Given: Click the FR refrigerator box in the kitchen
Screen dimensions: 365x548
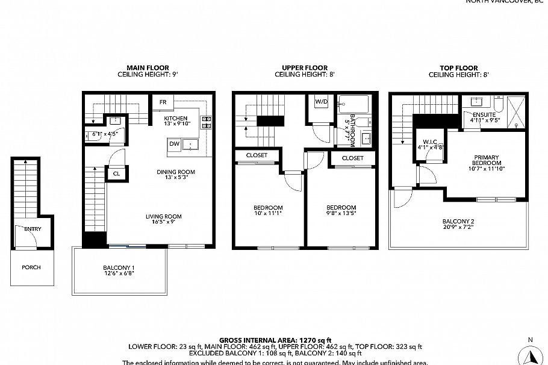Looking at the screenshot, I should point(163,102).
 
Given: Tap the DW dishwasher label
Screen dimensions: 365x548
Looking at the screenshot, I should point(173,144).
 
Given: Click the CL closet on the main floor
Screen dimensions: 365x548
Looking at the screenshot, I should point(116,173).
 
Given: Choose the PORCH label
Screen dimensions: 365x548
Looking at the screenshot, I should point(31,267).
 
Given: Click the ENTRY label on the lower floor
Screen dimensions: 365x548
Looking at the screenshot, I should point(33,229).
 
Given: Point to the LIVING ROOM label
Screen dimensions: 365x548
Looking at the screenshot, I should point(163,216).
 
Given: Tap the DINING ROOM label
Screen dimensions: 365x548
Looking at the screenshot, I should point(176,172).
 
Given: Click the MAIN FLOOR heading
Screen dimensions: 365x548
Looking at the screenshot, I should point(148,68).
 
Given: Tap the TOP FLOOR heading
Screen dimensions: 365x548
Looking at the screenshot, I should point(458,68).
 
